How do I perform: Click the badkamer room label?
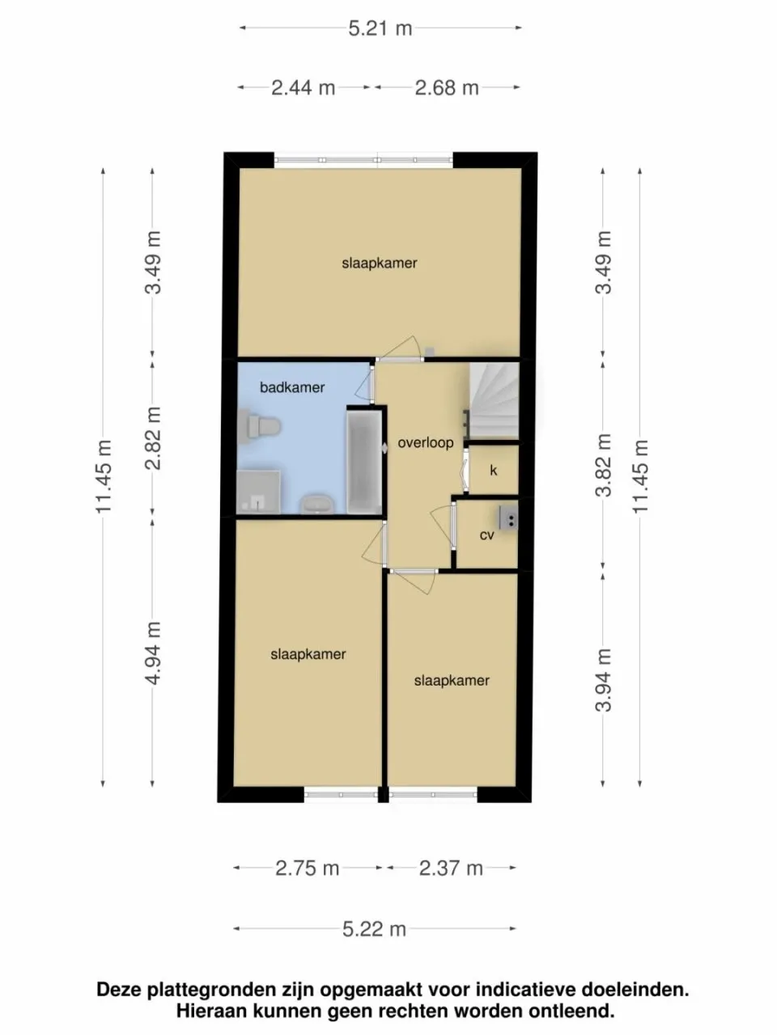coord(292,387)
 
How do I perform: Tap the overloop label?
coord(425,443)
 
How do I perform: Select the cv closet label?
coord(486,535)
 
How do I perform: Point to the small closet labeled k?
coord(493,470)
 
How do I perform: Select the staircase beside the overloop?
coord(494,400)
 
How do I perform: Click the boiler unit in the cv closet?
coord(508,517)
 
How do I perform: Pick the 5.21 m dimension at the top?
coord(380,29)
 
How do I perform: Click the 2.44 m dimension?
coord(304,88)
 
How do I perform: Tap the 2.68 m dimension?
coord(447,88)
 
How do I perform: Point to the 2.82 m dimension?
coord(153,437)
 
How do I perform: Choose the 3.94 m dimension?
coord(603,681)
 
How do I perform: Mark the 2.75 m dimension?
coord(307,868)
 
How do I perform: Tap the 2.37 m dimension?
coord(451,868)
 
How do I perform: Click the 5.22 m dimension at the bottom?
coord(374,929)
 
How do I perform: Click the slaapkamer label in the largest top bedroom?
coord(380,263)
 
